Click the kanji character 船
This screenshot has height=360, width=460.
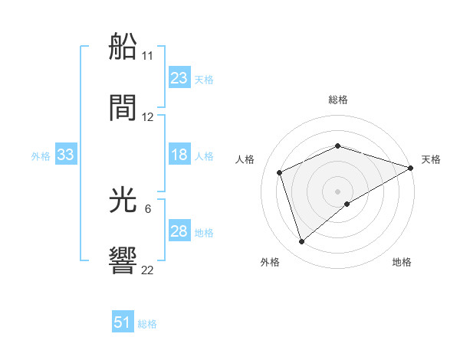tap(123, 47)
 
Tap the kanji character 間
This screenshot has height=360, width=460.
tap(123, 109)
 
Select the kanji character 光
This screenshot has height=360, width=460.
tap(123, 201)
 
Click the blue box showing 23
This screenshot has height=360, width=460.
tap(179, 78)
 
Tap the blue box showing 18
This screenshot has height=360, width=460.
tap(179, 155)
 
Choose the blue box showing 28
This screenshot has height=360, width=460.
tap(179, 231)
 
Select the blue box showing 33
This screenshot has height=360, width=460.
tap(66, 155)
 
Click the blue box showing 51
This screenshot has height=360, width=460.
tap(123, 322)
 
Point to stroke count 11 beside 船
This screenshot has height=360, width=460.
tap(148, 55)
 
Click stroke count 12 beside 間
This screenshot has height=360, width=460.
tap(148, 117)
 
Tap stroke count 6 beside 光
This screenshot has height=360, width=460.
tap(148, 208)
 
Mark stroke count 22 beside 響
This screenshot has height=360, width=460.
tap(148, 270)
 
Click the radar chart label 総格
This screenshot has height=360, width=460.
tap(338, 100)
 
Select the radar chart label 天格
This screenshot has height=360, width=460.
tap(431, 159)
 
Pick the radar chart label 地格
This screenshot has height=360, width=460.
tap(402, 263)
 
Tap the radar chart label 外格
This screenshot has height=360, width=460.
tap(270, 263)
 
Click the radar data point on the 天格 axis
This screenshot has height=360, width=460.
tap(412, 168)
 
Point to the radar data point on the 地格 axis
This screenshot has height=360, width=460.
tap(347, 204)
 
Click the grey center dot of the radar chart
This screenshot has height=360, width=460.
tap(338, 191)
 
